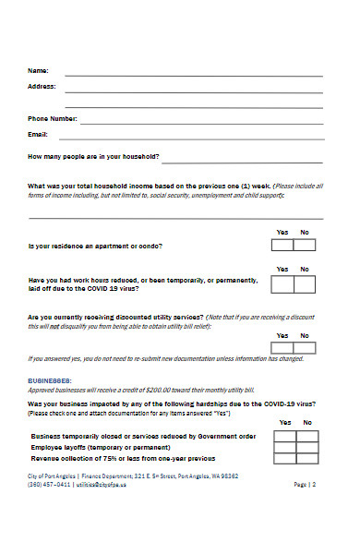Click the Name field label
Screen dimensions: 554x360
(37, 71)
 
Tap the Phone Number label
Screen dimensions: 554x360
(52, 119)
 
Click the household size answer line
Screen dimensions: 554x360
(243, 158)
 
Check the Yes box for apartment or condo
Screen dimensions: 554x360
(282, 246)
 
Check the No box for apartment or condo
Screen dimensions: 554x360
(305, 246)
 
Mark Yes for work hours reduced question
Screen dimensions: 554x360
(282, 283)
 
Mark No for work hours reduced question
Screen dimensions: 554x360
(305, 283)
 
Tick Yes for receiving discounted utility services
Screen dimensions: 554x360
(282, 347)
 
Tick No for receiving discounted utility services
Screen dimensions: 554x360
(305, 347)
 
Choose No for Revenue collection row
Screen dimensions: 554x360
(307, 458)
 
